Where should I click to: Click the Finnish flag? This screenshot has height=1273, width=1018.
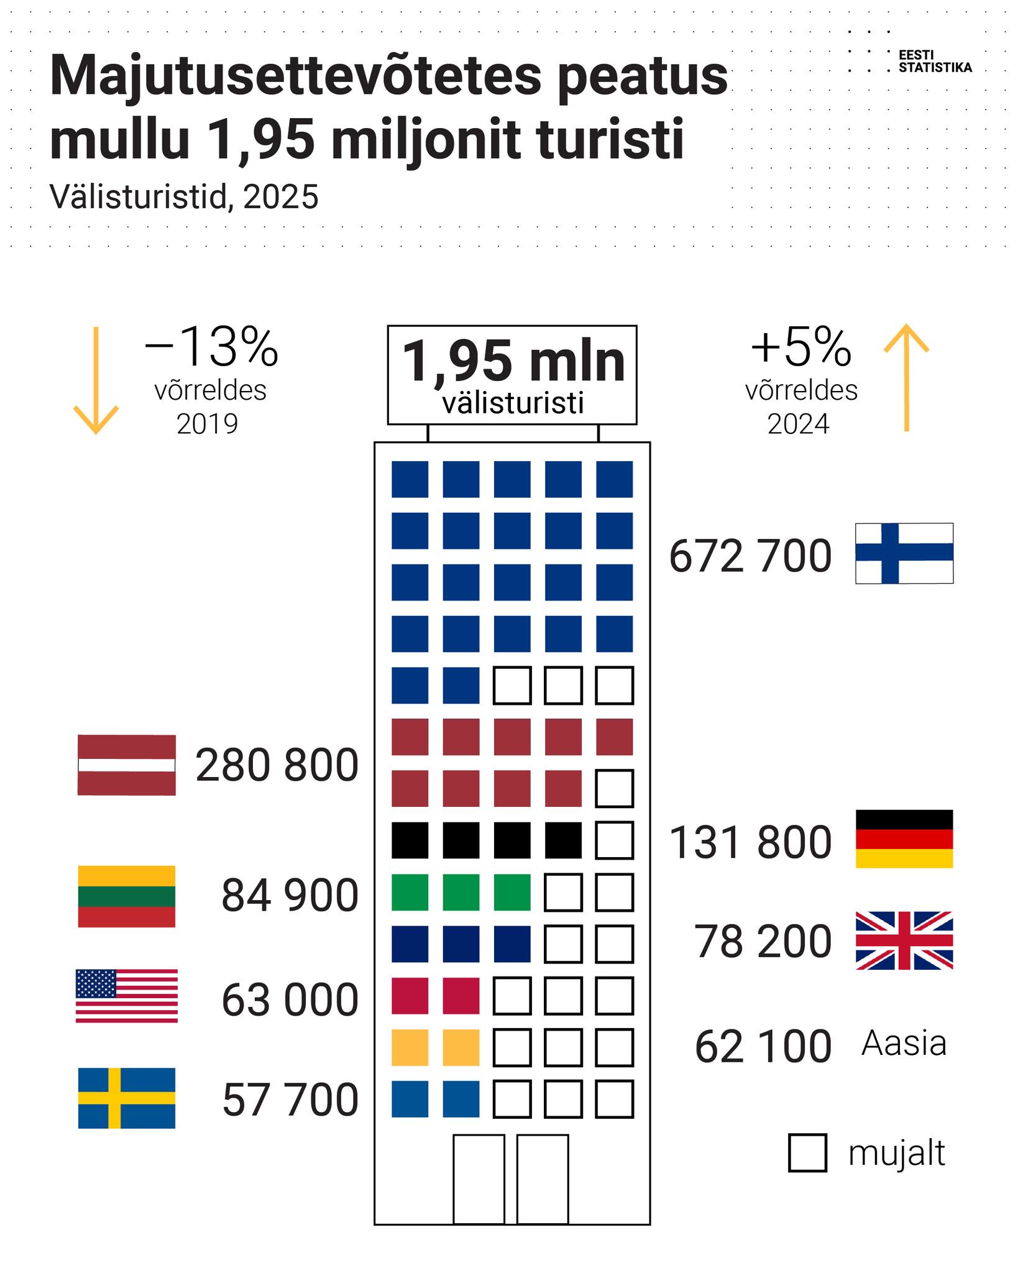904,553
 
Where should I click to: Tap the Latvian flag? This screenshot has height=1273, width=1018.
127,765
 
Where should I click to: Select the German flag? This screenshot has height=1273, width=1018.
904,839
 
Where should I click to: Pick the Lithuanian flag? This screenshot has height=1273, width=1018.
127,896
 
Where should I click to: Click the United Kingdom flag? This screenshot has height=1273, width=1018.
904,940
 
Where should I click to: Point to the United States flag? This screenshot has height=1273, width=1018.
127,996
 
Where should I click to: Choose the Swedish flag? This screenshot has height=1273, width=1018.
127,1098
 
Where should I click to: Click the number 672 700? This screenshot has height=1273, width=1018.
750,556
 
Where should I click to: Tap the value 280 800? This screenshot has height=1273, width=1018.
277,766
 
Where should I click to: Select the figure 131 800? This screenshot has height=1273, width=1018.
750,843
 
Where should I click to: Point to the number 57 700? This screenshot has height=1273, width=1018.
290,1100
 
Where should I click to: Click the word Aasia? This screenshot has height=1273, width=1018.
904,1044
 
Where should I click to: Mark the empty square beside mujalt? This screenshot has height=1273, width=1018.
807,1153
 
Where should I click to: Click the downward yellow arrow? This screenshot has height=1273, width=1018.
96,380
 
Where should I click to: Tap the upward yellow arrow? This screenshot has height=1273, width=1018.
907,377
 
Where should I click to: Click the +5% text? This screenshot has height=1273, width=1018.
800,348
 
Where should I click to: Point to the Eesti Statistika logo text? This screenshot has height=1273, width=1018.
935,62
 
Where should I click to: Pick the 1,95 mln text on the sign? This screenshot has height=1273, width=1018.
513,362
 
